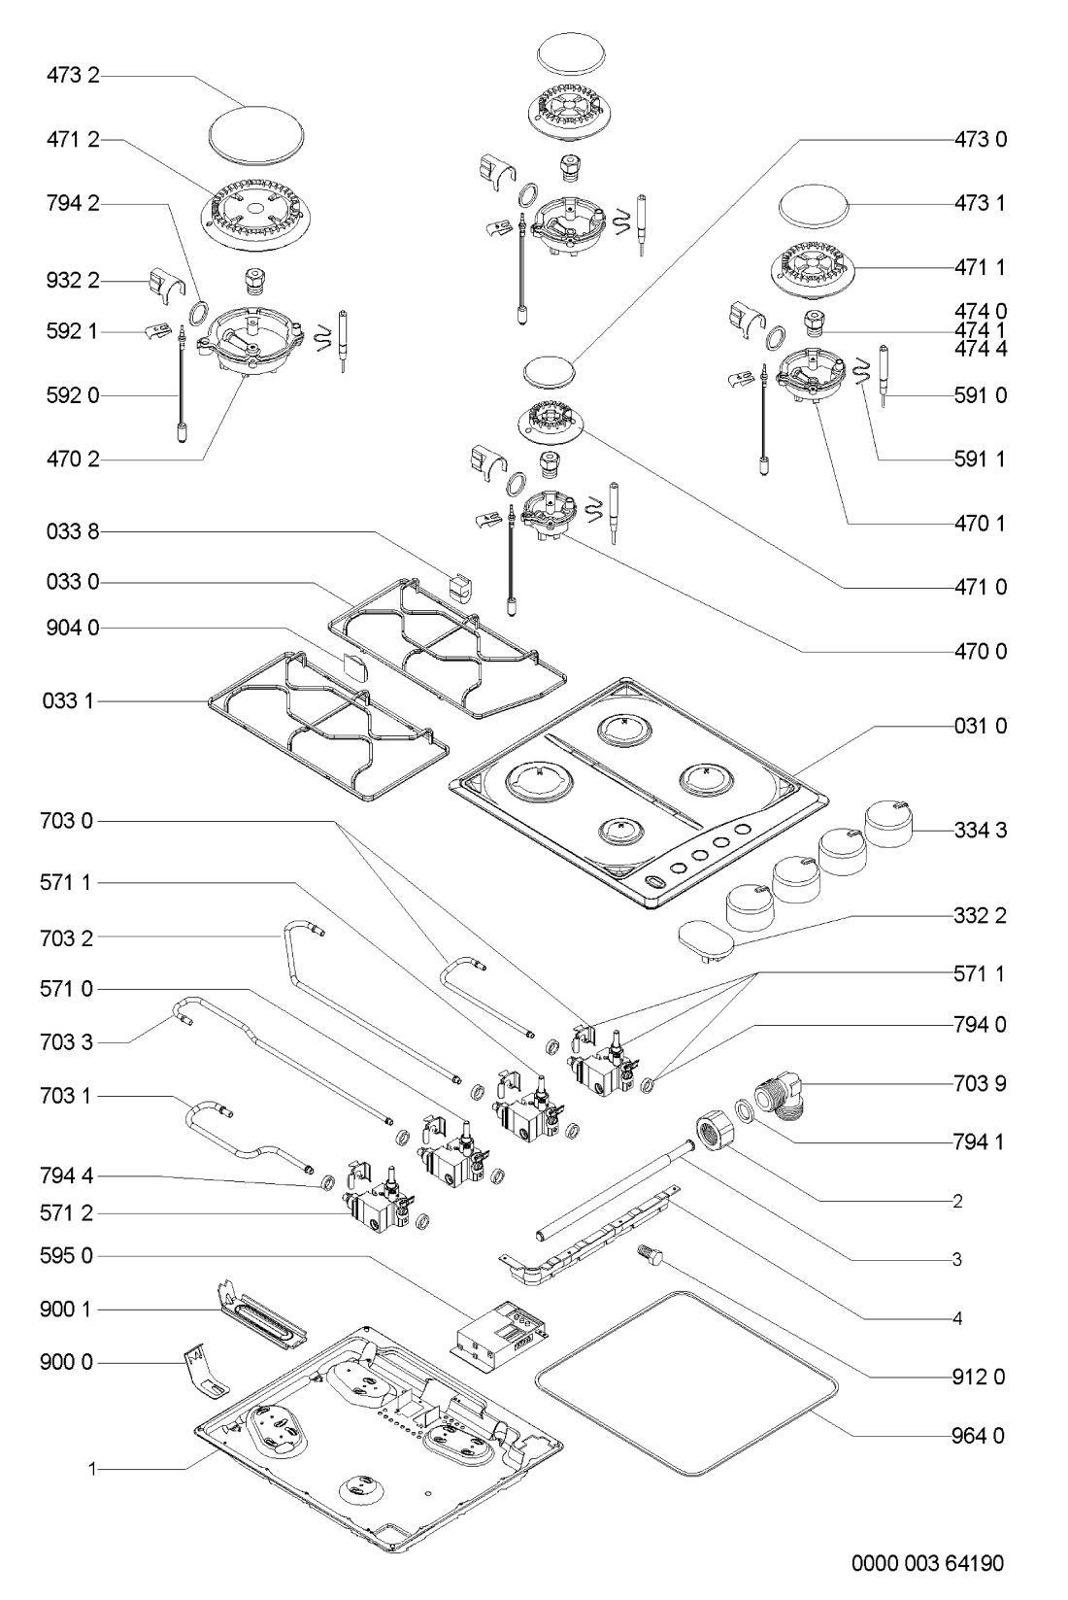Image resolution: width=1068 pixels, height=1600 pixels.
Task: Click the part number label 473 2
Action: [x=73, y=75]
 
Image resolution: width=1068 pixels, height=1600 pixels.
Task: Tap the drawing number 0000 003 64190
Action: [x=928, y=1562]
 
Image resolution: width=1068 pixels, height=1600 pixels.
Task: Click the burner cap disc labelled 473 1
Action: [x=815, y=207]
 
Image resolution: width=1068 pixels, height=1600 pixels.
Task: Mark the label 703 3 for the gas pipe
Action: [x=73, y=1043]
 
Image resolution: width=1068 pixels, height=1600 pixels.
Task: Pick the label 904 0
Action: [x=73, y=629]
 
